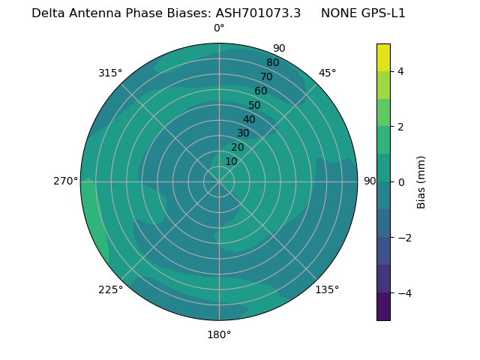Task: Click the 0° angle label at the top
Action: [x=219, y=28]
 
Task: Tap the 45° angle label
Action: [x=327, y=73]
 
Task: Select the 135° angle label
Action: [x=327, y=289]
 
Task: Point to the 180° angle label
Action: [x=219, y=334]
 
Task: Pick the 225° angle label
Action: [x=110, y=289]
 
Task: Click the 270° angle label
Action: [x=66, y=181]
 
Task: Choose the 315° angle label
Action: [x=110, y=73]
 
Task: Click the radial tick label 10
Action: [x=231, y=161]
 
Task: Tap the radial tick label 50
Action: [x=255, y=106]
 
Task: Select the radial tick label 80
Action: [x=273, y=63]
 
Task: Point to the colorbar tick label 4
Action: [x=401, y=71]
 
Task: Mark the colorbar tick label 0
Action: [x=401, y=182]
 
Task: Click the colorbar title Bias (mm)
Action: [x=421, y=182]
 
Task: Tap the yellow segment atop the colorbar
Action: [x=383, y=58]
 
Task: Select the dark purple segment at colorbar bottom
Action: [x=383, y=307]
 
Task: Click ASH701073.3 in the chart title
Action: [x=258, y=13]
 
